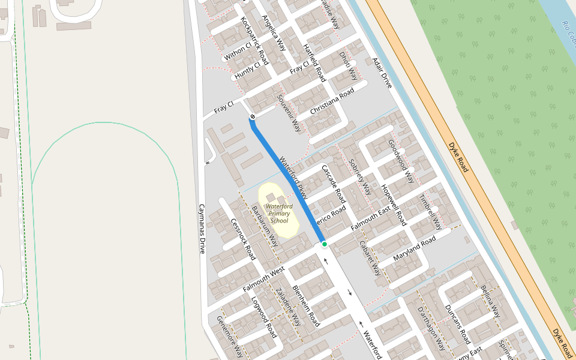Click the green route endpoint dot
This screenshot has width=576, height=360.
click(x=324, y=244)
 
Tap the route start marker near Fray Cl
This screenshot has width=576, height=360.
click(x=253, y=116)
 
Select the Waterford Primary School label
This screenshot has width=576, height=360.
click(x=279, y=214)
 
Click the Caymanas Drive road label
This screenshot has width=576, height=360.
click(x=202, y=229)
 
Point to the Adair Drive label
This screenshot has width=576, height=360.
click(x=382, y=73)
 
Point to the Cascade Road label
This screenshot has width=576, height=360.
click(x=334, y=183)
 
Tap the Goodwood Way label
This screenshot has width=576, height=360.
click(x=401, y=161)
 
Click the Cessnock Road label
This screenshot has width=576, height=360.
click(x=244, y=239)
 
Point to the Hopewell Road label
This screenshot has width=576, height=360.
click(x=394, y=205)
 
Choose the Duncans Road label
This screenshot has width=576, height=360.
click(x=457, y=325)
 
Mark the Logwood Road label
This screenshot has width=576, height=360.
click(x=263, y=317)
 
